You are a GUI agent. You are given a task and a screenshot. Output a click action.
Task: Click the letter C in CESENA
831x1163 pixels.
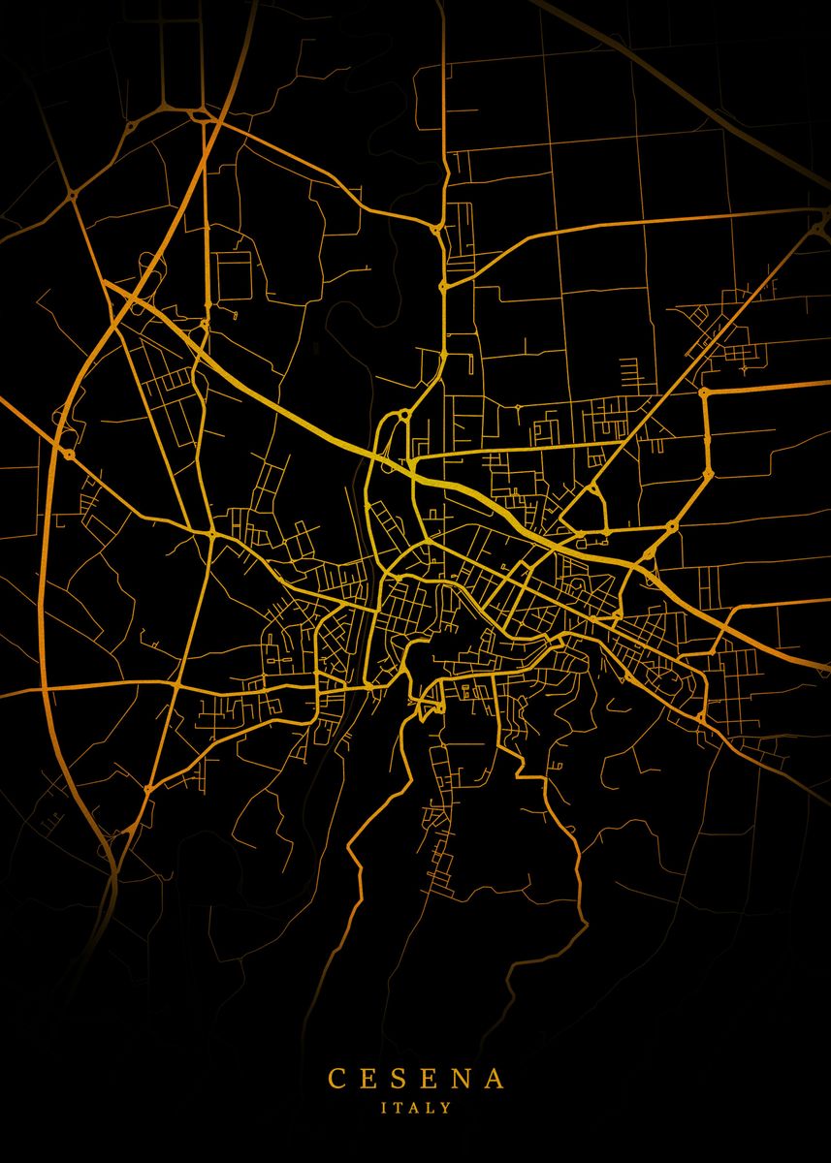click(336, 1079)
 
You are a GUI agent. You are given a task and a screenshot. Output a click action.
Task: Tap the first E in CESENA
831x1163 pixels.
click(369, 1079)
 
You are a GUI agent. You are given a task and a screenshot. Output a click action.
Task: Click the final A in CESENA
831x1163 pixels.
click(495, 1079)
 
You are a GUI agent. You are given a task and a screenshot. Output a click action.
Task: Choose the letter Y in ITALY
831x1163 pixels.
click(446, 1106)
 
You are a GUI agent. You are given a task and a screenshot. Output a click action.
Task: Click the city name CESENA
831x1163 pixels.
click(415, 1079)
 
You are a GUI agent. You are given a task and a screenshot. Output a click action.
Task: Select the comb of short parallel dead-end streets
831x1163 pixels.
click(630, 369)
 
